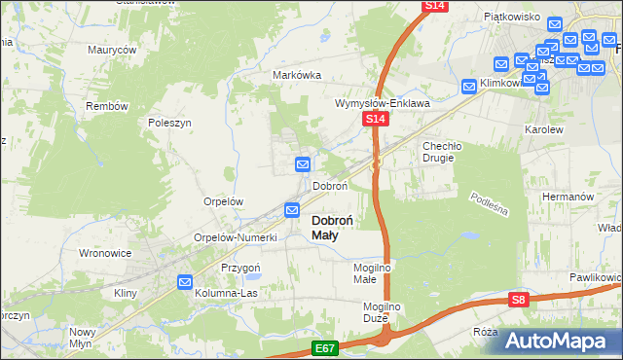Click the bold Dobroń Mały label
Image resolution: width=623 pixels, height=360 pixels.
click(x=338, y=227)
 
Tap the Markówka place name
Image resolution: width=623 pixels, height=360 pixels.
click(x=297, y=76)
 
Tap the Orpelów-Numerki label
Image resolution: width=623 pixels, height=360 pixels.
click(x=237, y=237)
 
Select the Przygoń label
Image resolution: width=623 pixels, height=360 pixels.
click(x=240, y=268)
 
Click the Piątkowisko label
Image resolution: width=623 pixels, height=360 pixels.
click(x=511, y=17)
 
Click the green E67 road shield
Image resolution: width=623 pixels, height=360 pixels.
click(x=326, y=347)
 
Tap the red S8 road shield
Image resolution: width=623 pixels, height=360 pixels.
click(x=519, y=301)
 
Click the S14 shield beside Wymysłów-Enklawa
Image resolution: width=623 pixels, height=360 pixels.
click(x=377, y=119)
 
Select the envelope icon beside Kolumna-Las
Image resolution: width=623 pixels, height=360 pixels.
click(x=185, y=281)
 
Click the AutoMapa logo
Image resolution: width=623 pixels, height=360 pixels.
click(x=562, y=341)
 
